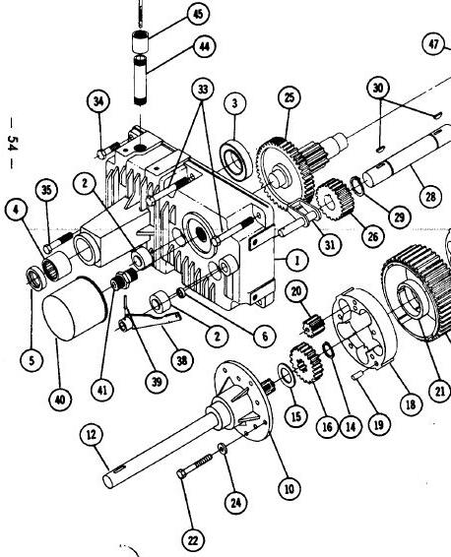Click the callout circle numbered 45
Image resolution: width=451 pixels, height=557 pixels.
198,14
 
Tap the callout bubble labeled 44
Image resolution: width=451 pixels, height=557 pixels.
205,46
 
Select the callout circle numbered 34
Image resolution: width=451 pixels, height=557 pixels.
98,101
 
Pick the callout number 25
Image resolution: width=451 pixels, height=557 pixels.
290,97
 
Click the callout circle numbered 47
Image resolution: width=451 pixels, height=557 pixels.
433,44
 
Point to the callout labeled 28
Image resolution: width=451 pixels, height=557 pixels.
430,197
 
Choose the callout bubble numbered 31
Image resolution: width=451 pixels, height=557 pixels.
330,244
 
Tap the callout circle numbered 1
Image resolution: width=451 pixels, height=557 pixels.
297,261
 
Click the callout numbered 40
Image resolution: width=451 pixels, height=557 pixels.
60,400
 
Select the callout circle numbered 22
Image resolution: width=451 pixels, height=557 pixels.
193,540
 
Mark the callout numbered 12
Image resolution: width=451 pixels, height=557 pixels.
92,434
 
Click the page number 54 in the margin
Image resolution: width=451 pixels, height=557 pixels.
13,143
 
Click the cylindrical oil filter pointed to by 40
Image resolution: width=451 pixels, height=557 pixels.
75,308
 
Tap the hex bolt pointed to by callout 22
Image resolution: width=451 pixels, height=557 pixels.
194,466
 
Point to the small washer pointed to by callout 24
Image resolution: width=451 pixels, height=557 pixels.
223,449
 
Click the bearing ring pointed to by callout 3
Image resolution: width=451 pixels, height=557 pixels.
235,160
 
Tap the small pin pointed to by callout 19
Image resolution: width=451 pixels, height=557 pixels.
357,375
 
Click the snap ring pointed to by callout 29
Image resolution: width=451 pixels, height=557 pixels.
357,186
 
